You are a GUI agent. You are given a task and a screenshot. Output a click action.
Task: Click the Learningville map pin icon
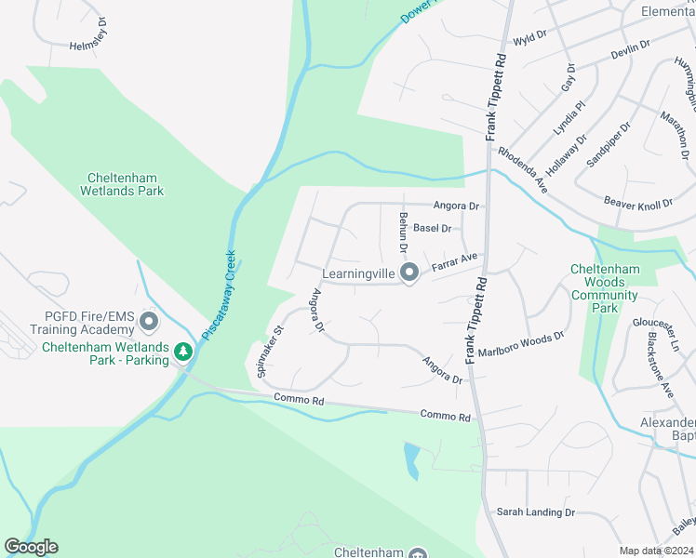click(408, 272)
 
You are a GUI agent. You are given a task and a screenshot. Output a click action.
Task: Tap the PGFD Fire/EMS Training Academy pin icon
click(149, 323)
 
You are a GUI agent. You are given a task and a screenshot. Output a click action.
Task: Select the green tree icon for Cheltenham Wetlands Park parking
click(184, 351)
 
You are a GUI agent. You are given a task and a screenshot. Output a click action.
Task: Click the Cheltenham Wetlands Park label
click(126, 184)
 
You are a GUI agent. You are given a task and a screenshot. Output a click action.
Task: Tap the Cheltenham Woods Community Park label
click(605, 288)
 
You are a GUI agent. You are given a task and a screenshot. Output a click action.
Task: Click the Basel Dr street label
click(433, 228)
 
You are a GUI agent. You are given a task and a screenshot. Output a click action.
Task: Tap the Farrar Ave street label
click(454, 263)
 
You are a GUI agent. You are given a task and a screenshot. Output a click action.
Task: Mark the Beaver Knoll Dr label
click(638, 204)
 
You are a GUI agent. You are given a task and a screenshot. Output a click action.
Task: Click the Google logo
click(31, 547)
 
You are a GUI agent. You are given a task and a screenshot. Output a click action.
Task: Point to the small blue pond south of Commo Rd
click(411, 457)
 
